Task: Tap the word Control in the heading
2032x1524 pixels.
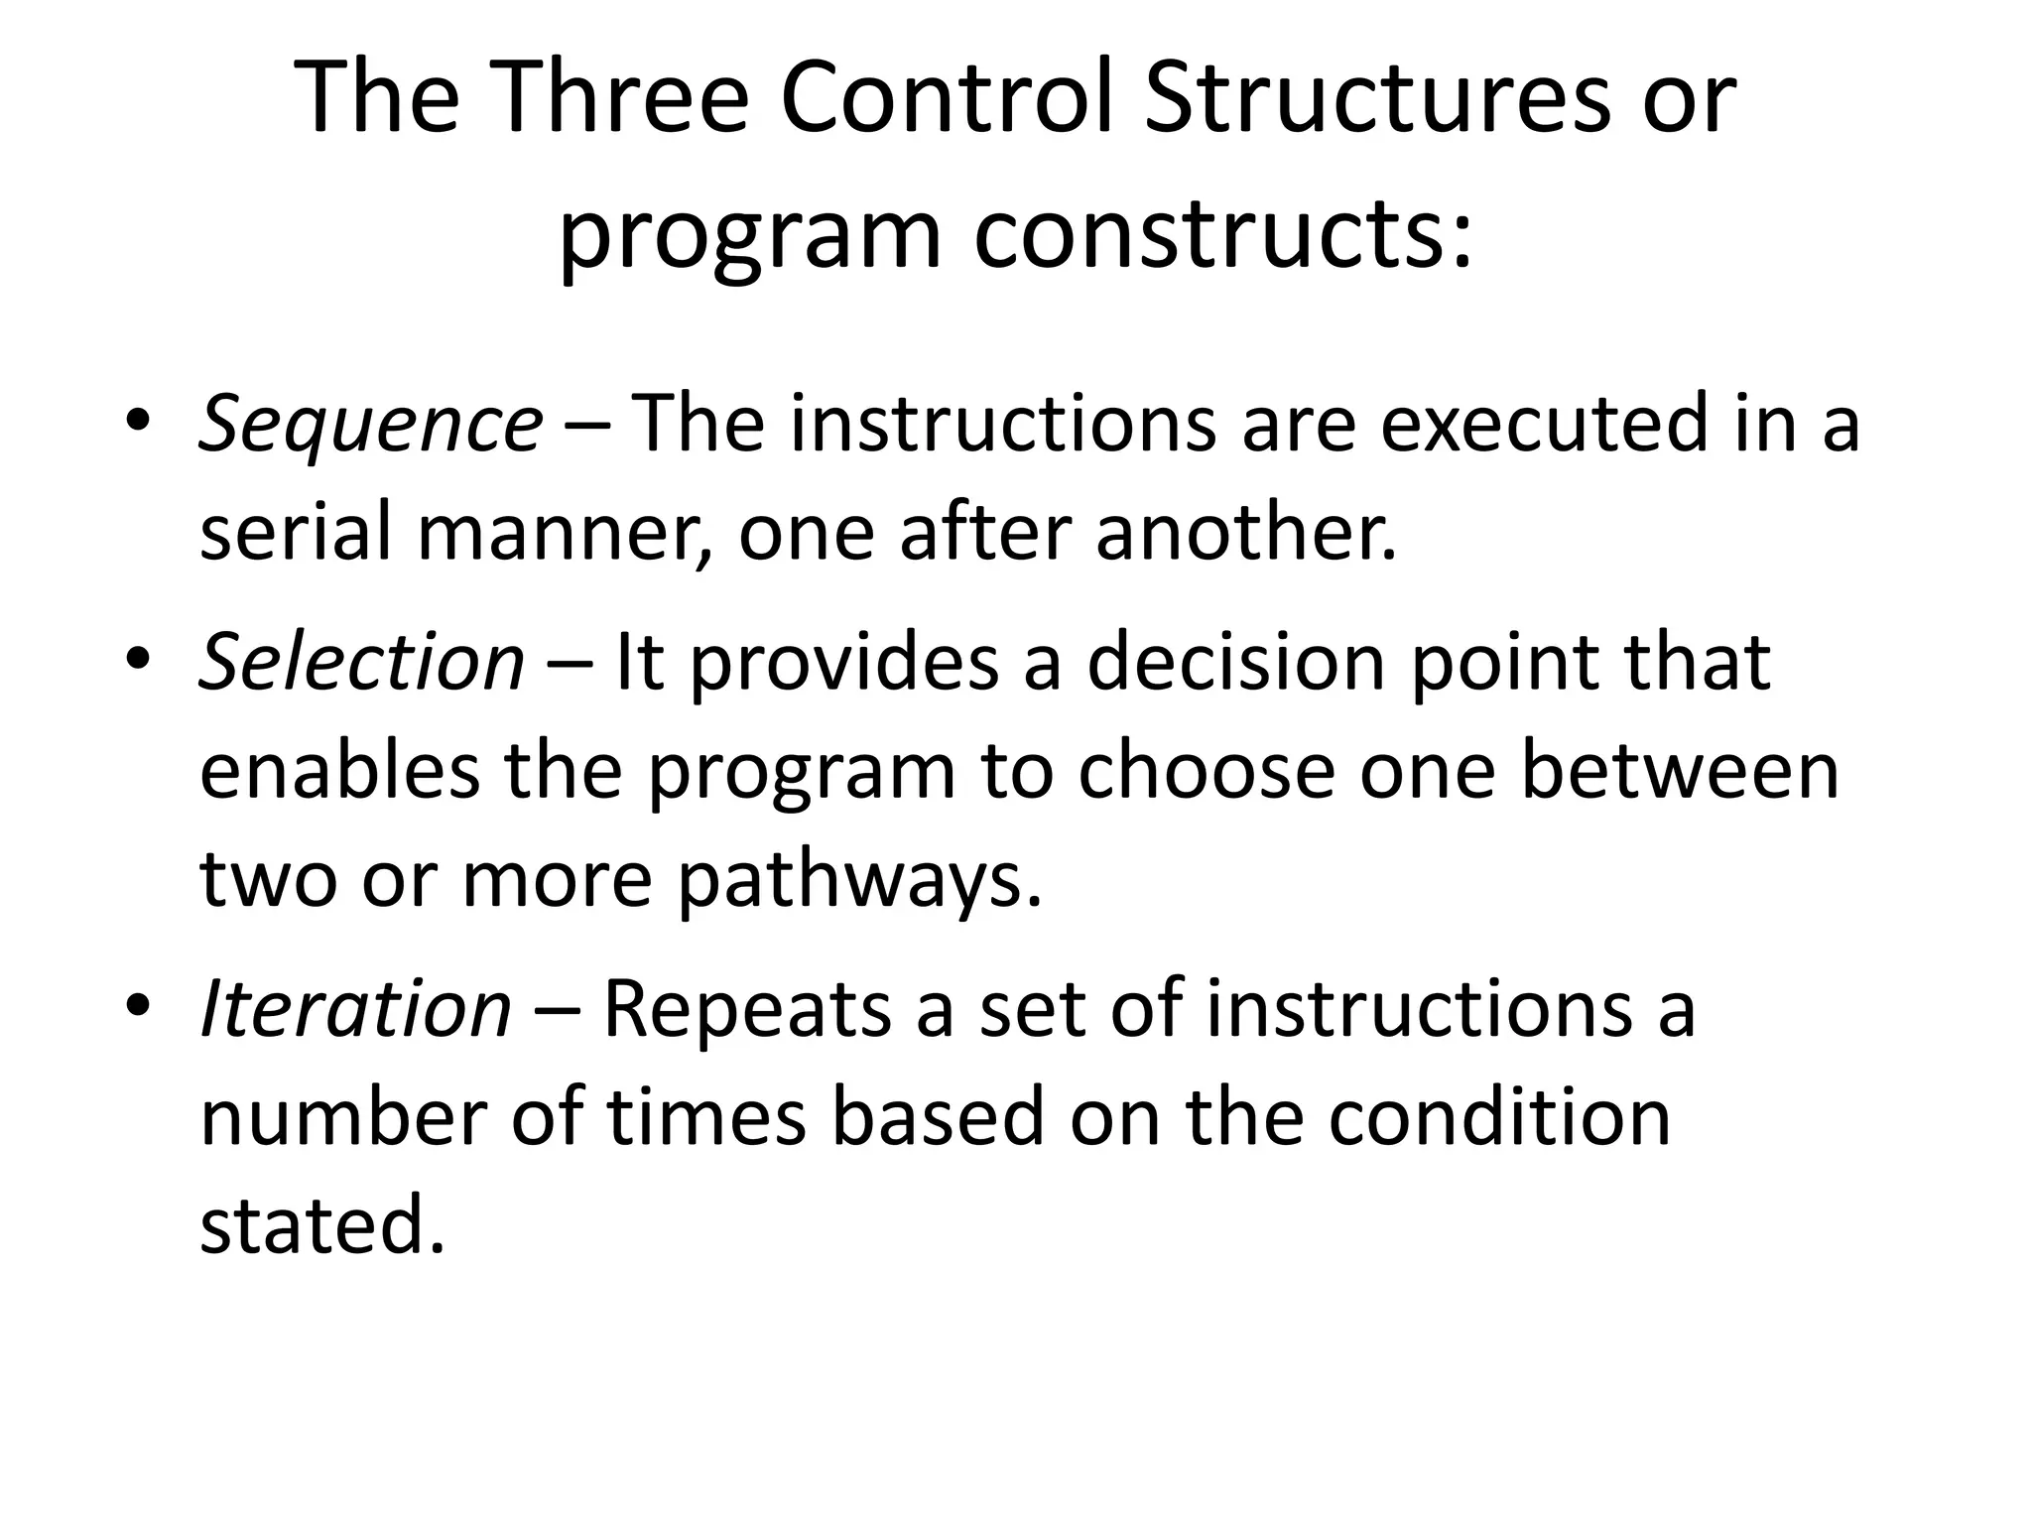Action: coord(947,99)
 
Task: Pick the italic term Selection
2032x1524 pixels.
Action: coord(362,662)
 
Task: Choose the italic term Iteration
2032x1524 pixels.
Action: coord(355,1010)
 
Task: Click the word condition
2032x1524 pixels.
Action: coord(1499,1118)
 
